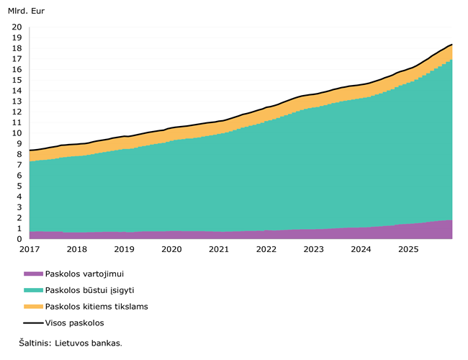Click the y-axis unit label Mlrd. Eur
pyautogui.click(x=25, y=12)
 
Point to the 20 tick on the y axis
pyautogui.click(x=17, y=27)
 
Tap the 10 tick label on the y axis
pyautogui.click(x=17, y=133)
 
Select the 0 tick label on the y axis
pyautogui.click(x=19, y=239)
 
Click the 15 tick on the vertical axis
pyautogui.click(x=17, y=80)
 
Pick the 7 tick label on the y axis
pyautogui.click(x=19, y=165)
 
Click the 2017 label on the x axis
pyautogui.click(x=30, y=249)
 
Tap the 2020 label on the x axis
pyautogui.click(x=171, y=249)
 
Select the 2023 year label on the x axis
pyautogui.click(x=313, y=249)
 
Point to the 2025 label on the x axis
pyautogui.click(x=408, y=249)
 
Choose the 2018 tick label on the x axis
pyautogui.click(x=76, y=249)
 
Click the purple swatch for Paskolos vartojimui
pyautogui.click(x=33, y=274)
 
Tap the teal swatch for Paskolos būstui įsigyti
pyautogui.click(x=33, y=290)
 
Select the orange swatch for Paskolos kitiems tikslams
pyautogui.click(x=33, y=307)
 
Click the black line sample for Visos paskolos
pyautogui.click(x=33, y=323)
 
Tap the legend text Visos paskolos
pyautogui.click(x=75, y=323)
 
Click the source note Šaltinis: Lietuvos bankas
pyautogui.click(x=71, y=343)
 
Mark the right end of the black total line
pyautogui.click(x=452, y=45)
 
